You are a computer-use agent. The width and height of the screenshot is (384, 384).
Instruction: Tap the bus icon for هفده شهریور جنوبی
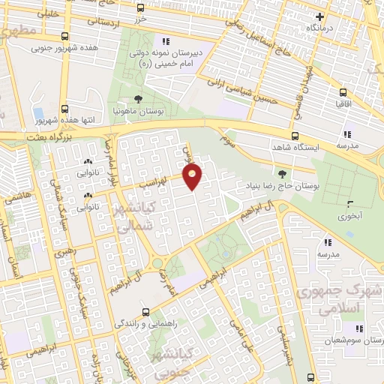(64, 36)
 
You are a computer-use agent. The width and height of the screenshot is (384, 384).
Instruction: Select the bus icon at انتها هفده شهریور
(64, 108)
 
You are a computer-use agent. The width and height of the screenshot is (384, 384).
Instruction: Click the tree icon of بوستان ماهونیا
(138, 98)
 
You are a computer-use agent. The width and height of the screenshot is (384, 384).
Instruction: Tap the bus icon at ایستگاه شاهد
(295, 136)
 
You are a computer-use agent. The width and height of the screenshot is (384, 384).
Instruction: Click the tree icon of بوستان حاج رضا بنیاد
(282, 173)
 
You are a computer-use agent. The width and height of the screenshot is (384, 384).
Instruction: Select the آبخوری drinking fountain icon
(348, 202)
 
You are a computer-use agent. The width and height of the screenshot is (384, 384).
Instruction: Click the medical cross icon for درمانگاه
(320, 16)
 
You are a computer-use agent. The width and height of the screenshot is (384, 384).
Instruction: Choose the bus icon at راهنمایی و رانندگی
(145, 312)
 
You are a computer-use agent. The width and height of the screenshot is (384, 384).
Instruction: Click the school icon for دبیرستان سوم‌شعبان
(358, 328)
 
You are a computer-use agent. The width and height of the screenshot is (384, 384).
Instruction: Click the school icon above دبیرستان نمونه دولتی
(165, 41)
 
